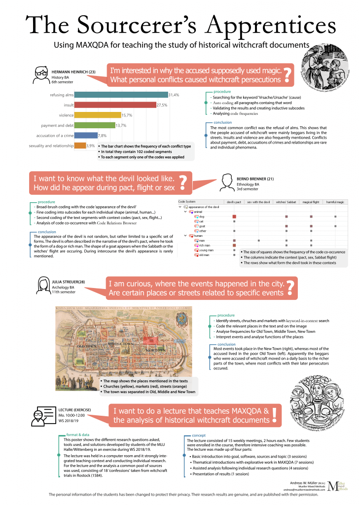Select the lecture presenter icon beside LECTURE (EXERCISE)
(x=40, y=415)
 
